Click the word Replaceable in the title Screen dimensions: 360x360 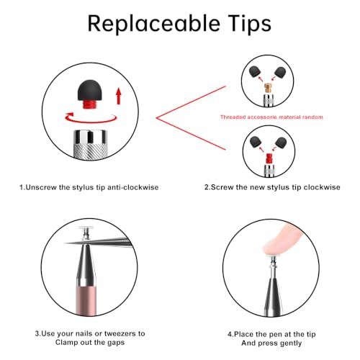point(154,23)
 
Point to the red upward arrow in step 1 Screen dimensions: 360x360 point(118,96)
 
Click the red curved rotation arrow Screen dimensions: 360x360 point(91,119)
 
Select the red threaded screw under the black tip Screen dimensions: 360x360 point(90,104)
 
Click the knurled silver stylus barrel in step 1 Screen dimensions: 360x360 point(90,145)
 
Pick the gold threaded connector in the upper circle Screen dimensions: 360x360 point(268,89)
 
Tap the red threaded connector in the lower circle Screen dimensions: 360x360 point(269,159)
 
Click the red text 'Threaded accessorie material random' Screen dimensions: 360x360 point(271,117)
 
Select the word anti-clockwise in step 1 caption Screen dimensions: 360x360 point(132,187)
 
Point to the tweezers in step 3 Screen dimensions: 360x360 point(99,243)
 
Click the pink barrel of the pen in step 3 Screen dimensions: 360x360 point(86,300)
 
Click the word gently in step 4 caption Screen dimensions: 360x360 point(291,343)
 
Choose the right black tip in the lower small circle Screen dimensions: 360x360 point(281,142)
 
